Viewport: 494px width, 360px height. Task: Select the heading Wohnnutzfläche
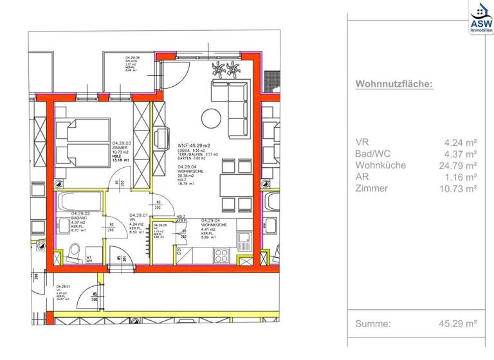(394, 84)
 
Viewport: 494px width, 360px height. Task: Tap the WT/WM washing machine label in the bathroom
(90, 258)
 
